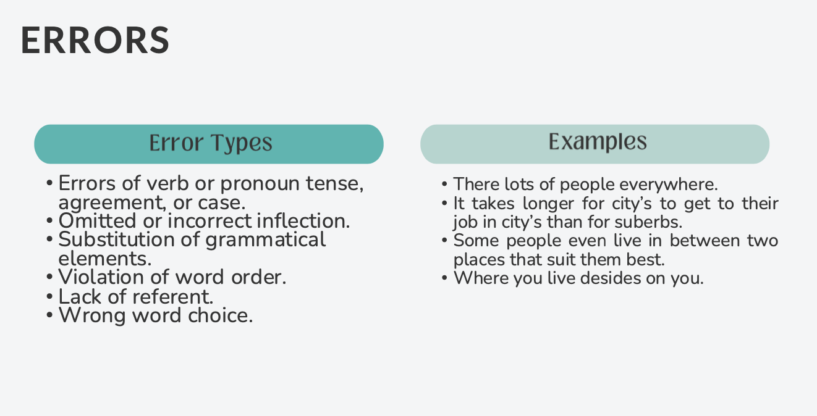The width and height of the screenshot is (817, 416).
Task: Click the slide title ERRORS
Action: pos(95,41)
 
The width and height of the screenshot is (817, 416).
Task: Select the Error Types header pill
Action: pos(209,144)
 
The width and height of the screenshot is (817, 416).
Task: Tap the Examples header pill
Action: pos(595,144)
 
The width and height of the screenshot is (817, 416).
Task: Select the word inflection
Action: pos(303,221)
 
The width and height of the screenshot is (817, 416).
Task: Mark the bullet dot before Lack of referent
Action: pos(50,297)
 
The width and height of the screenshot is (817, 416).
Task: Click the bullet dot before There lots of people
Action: pos(445,185)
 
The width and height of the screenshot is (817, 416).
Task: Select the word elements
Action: pos(104,258)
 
